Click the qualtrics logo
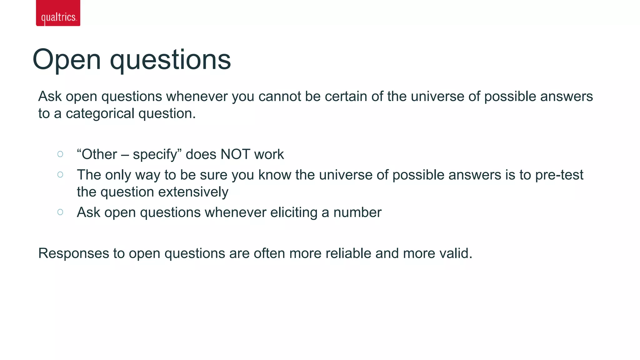[58, 13]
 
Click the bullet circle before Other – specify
[60, 154]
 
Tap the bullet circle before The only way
[60, 174]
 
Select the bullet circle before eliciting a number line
[60, 212]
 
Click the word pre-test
[559, 175]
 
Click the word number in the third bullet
[357, 212]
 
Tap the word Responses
[73, 253]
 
